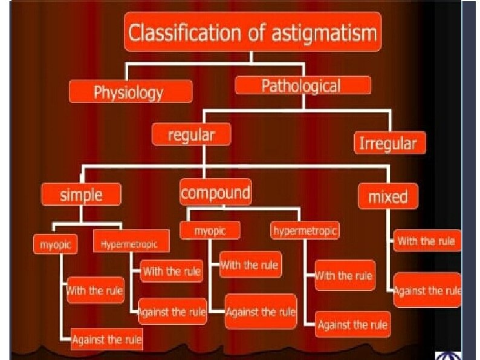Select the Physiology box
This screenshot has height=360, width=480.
(x=131, y=93)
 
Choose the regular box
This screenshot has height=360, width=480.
(x=191, y=134)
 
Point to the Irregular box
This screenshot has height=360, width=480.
(x=389, y=143)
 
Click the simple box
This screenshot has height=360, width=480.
(x=80, y=195)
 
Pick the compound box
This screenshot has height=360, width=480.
(x=215, y=193)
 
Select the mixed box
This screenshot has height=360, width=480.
(x=388, y=197)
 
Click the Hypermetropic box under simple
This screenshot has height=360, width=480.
(x=131, y=244)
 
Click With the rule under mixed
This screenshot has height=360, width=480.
(x=425, y=241)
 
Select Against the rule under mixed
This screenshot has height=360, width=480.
(x=427, y=290)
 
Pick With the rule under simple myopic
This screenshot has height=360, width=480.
(x=95, y=290)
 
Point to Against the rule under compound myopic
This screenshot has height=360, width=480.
(x=261, y=312)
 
